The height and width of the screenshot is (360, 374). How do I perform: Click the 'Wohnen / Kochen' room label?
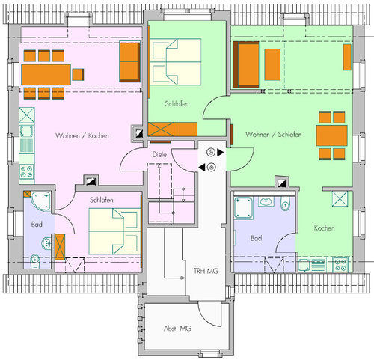(x=82, y=136)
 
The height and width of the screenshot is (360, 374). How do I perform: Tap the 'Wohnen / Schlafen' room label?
(x=272, y=134)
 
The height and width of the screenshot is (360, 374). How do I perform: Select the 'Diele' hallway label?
(x=158, y=155)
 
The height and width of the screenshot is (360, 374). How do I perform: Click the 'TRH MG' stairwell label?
(x=192, y=271)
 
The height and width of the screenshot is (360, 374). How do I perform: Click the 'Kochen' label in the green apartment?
(x=324, y=228)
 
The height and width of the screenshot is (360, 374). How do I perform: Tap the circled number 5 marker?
(x=211, y=152)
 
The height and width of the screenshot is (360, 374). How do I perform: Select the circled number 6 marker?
(x=211, y=167)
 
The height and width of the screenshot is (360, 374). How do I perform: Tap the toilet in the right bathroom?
(x=286, y=204)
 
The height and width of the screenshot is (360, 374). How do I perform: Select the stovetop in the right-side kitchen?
(x=340, y=263)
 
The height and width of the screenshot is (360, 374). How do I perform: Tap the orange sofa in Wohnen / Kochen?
(x=129, y=61)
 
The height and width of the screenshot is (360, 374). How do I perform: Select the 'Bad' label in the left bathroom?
(x=36, y=224)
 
